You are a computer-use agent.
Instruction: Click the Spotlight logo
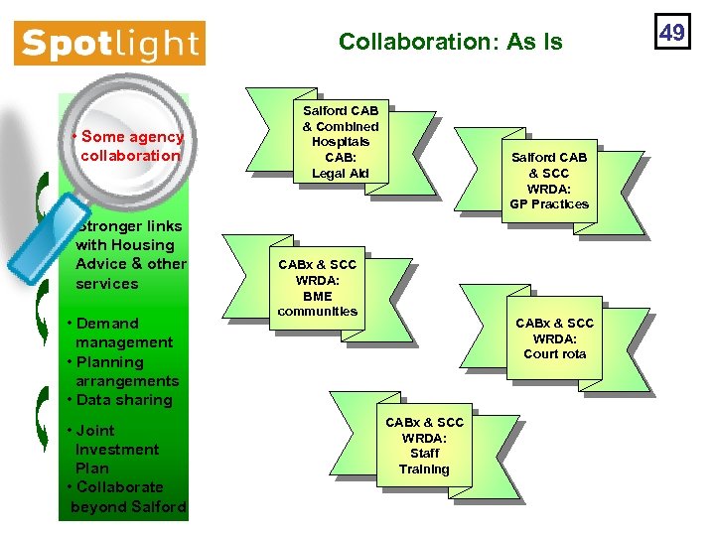[109, 44]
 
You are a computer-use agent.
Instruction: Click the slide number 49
[672, 33]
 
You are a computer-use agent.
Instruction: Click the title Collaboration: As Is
[450, 42]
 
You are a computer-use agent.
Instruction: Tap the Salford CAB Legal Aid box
[341, 142]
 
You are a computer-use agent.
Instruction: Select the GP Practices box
[549, 181]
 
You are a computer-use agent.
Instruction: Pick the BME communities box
[318, 288]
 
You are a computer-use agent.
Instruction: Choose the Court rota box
[554, 338]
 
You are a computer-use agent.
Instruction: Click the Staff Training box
[424, 446]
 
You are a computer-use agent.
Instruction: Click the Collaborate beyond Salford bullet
[126, 497]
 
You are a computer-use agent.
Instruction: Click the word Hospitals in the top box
[341, 142]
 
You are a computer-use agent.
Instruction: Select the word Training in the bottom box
[424, 469]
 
